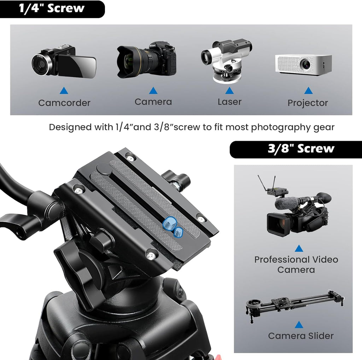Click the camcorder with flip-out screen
coord(64,61)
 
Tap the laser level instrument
coord(226,61)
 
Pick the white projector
coord(303,64)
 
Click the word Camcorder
coord(64,103)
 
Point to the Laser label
coord(229,102)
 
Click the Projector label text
coord(308,103)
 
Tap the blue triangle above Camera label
coord(153,91)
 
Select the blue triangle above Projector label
coord(309,91)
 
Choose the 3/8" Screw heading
coord(300,149)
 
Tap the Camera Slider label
coord(300,336)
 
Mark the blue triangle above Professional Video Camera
coord(299,248)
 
